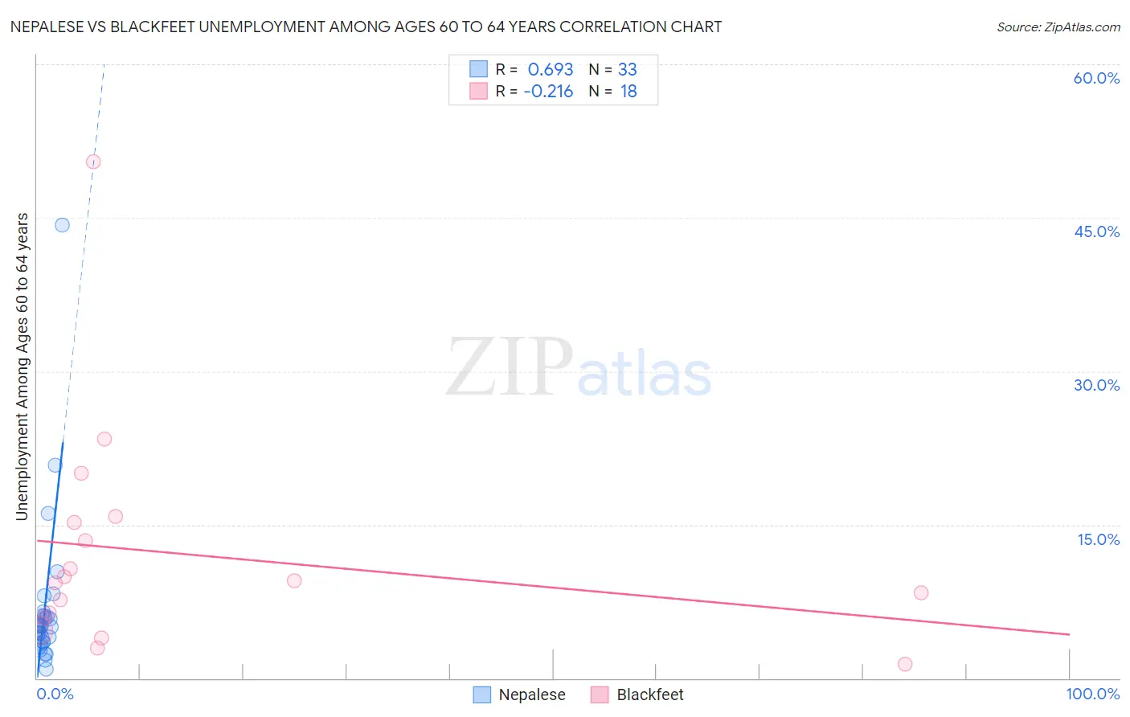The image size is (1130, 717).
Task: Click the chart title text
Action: pos(366,27)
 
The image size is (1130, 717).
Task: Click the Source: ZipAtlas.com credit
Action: pos(1058,27)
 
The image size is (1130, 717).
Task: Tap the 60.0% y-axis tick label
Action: pos(1096,78)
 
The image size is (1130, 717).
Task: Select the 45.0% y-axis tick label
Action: pos(1096,231)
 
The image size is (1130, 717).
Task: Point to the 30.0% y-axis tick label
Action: pos(1096,385)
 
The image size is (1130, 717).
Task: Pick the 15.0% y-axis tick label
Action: pos(1098,539)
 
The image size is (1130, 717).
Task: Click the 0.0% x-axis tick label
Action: pos(55,694)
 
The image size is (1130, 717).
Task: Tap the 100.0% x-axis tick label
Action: pos(1092,694)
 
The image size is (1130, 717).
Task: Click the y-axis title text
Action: pos(22,367)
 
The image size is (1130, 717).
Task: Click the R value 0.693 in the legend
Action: pos(551,70)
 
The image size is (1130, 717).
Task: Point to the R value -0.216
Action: pos(548,92)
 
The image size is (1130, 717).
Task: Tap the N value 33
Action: pos(627,70)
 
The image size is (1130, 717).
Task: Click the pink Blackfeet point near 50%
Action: pos(93,162)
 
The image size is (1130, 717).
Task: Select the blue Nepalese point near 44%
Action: pos(62,225)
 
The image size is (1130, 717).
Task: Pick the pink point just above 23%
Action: pos(104,439)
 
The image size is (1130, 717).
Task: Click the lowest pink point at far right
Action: pos(905,664)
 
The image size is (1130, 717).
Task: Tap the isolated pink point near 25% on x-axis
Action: pos(294,580)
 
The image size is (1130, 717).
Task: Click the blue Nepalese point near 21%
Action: pos(55,465)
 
